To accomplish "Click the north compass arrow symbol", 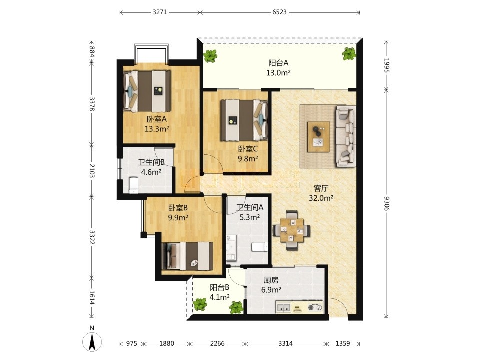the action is [x=92, y=341].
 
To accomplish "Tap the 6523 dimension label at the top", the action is [x=279, y=12].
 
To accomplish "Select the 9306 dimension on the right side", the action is [x=386, y=203].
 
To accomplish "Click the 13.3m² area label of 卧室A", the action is [x=157, y=129].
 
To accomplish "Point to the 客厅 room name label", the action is [x=321, y=188].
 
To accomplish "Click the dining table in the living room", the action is [x=291, y=230].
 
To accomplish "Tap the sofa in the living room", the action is [x=346, y=136].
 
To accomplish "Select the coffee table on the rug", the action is [x=318, y=136].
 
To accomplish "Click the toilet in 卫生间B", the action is [x=134, y=185].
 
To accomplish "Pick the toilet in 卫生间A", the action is [x=260, y=247].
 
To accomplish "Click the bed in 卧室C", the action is [x=244, y=120].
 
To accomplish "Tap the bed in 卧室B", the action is [x=187, y=256].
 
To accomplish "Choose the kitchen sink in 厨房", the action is [x=284, y=308].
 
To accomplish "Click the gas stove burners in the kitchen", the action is [x=315, y=307].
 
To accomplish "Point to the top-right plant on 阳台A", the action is [x=349, y=54].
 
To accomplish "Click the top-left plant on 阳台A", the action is [x=210, y=56].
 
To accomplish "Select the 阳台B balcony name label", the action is [x=220, y=288].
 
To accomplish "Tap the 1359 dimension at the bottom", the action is [x=343, y=343].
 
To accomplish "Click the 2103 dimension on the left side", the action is [x=92, y=171].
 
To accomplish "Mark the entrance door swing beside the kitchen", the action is [x=338, y=307].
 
